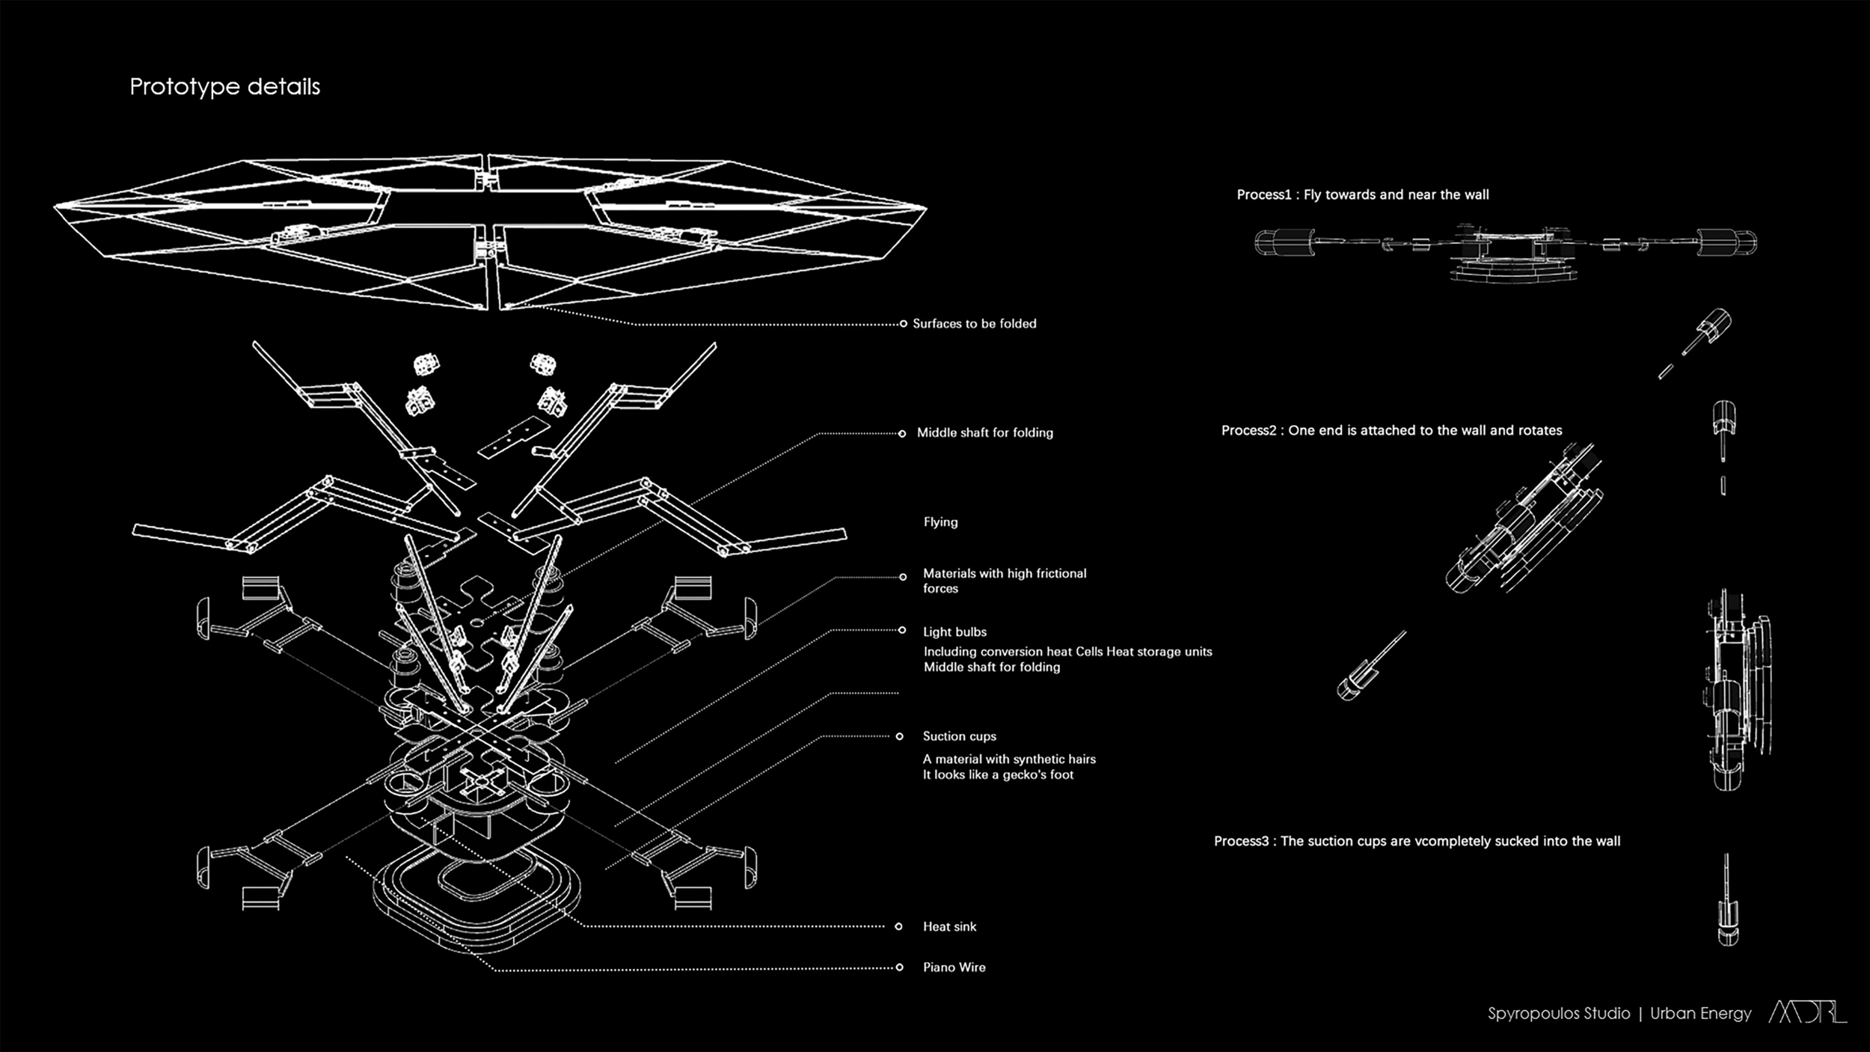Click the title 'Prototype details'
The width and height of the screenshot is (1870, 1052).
point(224,87)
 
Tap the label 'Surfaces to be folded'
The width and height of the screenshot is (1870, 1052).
point(974,324)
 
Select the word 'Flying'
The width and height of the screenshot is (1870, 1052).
point(940,522)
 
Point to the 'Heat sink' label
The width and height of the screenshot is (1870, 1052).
point(949,927)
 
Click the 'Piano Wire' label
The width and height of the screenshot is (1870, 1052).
point(954,967)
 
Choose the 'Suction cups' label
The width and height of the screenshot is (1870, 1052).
point(959,736)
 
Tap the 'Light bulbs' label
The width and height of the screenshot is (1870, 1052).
point(954,632)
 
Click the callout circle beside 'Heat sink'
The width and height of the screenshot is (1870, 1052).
point(898,926)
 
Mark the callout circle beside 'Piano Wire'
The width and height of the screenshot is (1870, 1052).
point(899,967)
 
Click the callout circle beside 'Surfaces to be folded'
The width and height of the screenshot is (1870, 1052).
point(903,324)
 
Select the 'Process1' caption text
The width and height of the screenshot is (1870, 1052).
point(1362,195)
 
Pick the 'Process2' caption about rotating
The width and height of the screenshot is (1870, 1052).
point(1391,431)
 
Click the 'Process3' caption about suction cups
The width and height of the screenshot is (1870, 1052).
point(1417,842)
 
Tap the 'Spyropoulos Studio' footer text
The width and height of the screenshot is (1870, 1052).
point(1558,1014)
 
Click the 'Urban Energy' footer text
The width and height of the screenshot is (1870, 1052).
point(1700,1014)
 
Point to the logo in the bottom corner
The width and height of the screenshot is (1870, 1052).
point(1807,1012)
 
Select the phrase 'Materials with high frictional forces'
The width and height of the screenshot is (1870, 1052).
point(1004,581)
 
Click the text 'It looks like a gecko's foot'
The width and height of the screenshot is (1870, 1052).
point(998,775)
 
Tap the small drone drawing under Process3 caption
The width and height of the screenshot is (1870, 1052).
point(1727,902)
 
